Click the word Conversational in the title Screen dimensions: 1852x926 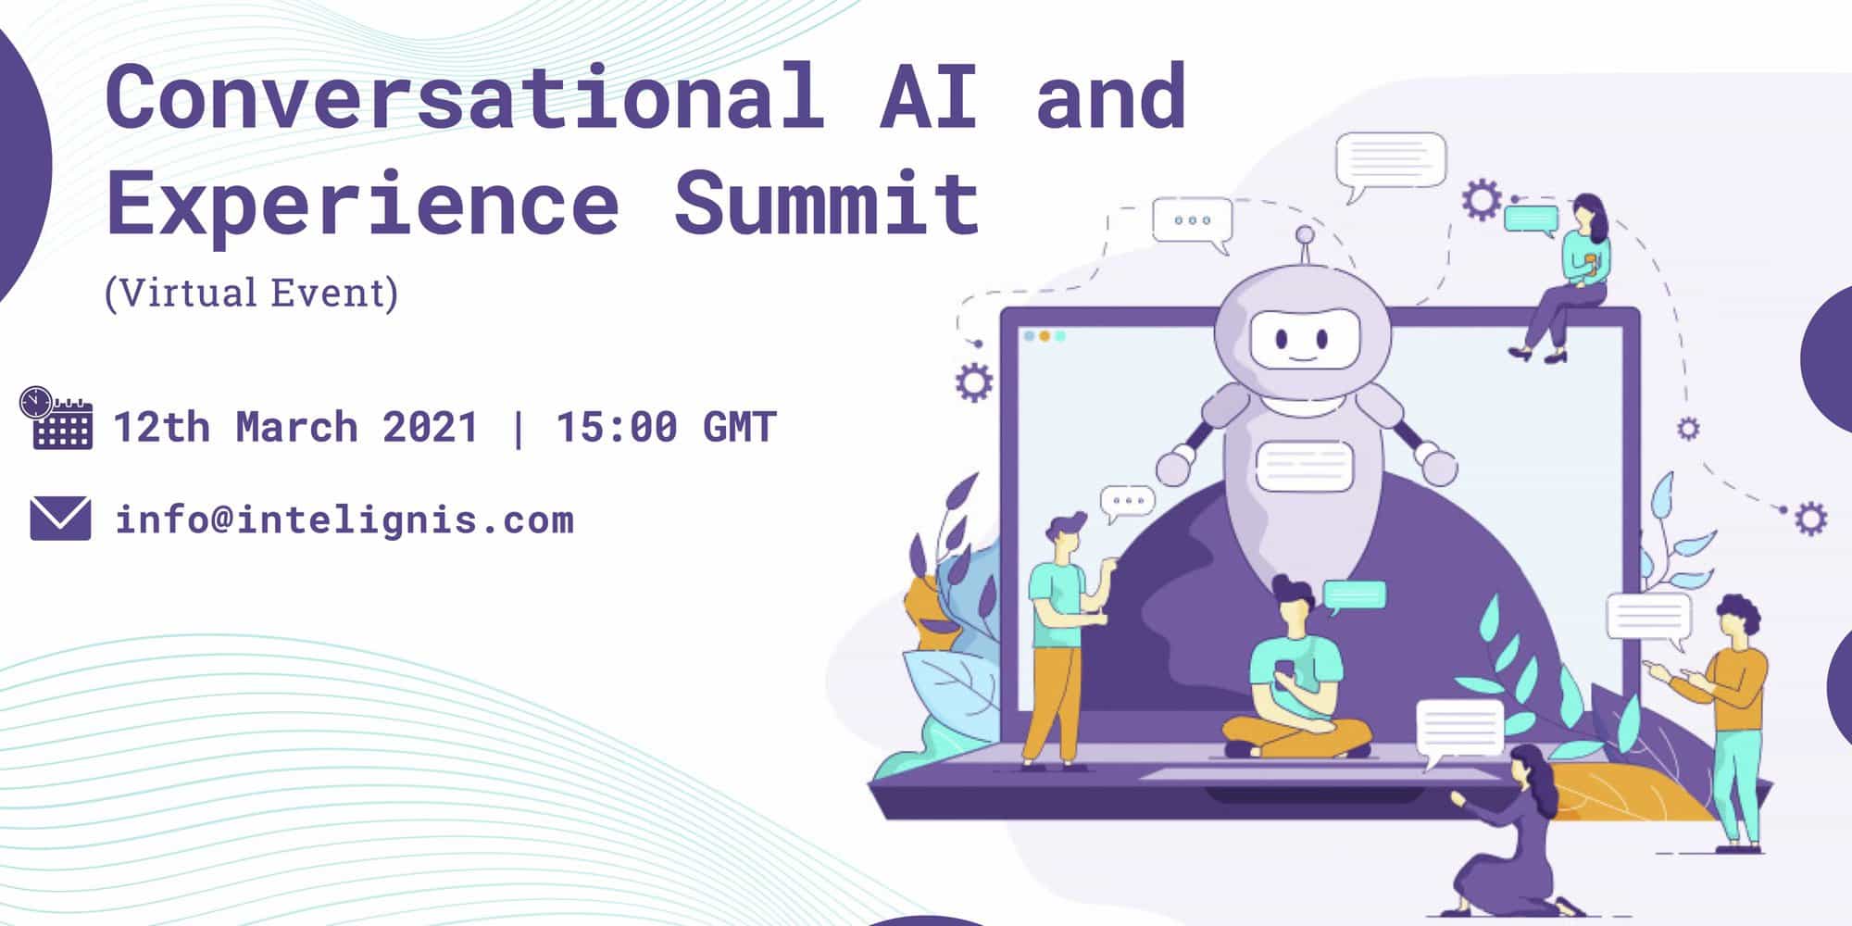[465, 95]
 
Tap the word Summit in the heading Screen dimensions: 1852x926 [826, 202]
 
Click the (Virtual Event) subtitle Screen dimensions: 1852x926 [252, 294]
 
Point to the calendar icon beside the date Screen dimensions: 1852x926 [56, 418]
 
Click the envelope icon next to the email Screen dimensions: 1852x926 [60, 519]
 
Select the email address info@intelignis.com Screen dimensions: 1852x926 [344, 519]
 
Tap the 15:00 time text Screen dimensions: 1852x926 [616, 428]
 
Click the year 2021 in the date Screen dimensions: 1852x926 [430, 428]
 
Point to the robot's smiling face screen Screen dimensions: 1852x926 [1304, 341]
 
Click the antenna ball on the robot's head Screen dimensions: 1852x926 [1305, 234]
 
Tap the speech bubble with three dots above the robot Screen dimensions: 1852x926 [1193, 223]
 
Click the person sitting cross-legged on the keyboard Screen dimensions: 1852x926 [1296, 671]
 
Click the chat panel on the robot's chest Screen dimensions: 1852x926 [1305, 466]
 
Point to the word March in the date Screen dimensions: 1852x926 [296, 428]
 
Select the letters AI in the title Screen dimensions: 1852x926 [929, 95]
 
